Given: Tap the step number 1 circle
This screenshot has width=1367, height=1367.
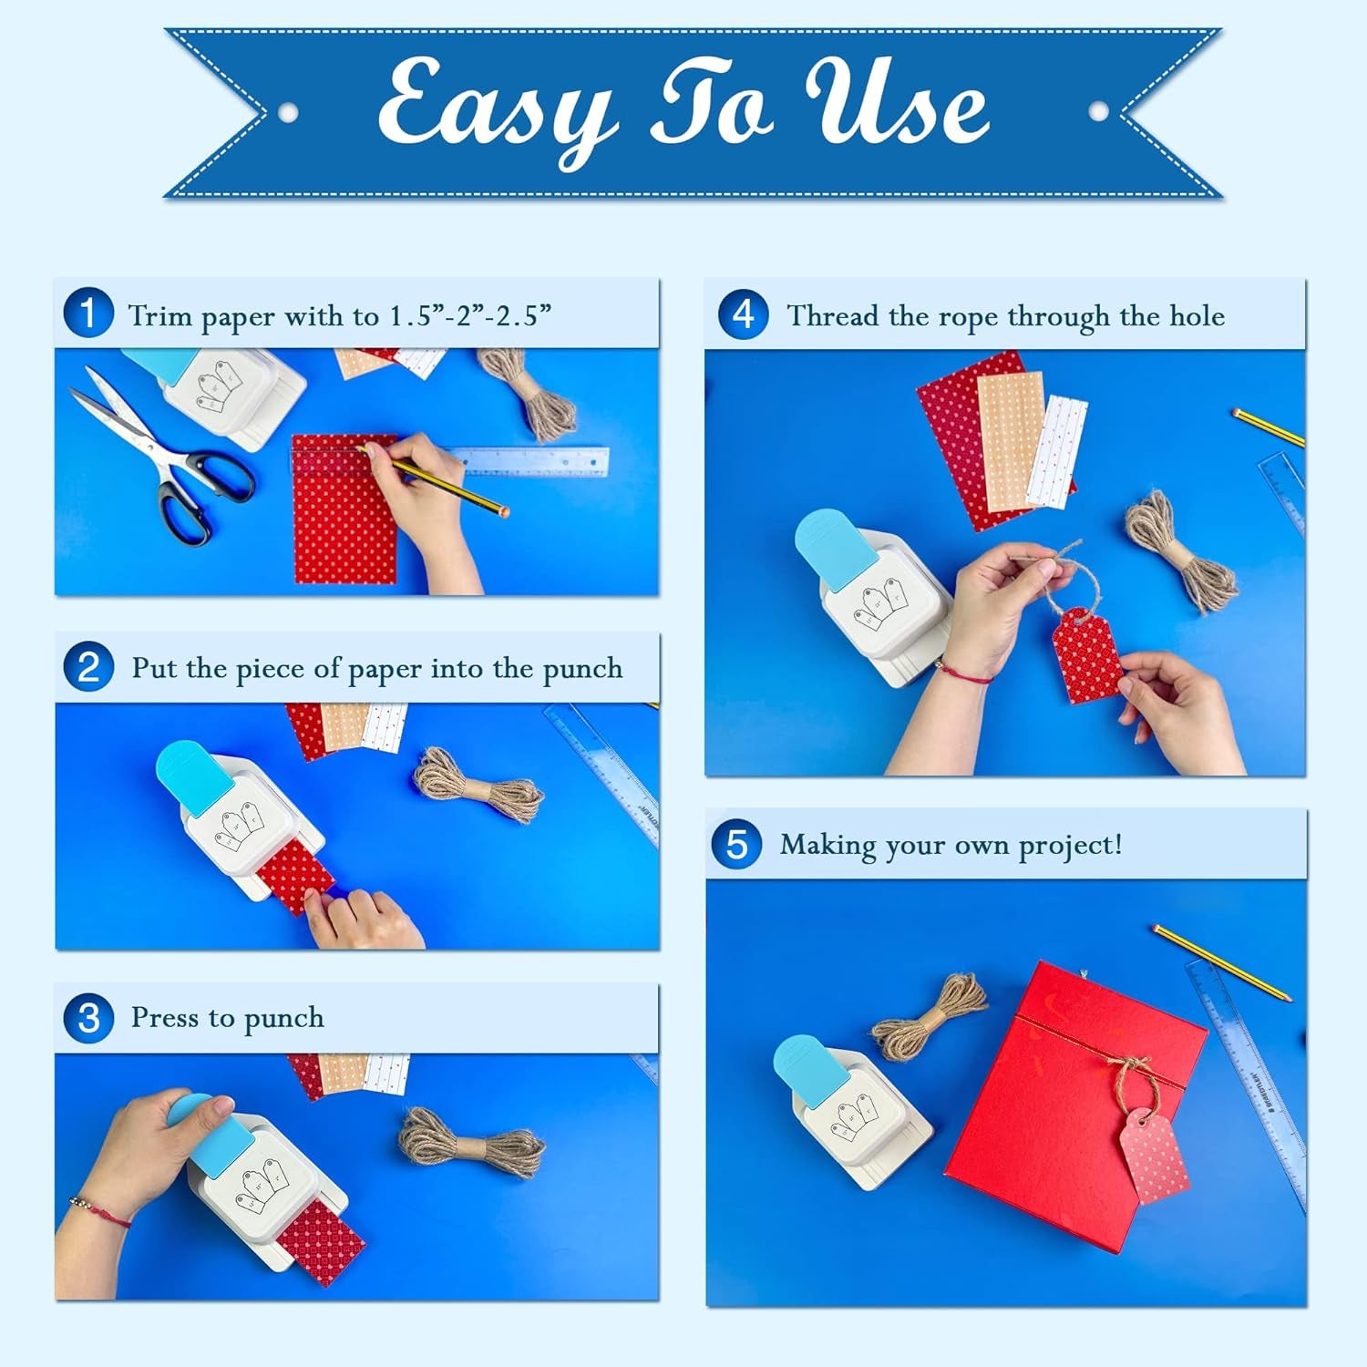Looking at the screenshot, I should point(88,313).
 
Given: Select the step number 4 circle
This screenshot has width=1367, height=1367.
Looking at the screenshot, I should point(743,314).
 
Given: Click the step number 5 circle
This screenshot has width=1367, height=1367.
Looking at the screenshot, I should point(736,844).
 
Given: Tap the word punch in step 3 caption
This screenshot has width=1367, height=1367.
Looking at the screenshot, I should point(283,1018).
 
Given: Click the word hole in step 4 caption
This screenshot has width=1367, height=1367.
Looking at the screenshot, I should point(1197,316).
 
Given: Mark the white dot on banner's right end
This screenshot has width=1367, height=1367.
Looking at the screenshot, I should point(1099,112).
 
